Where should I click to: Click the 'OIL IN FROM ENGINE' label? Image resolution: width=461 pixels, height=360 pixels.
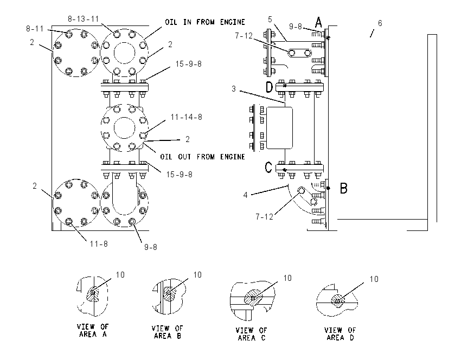[x=204, y=22]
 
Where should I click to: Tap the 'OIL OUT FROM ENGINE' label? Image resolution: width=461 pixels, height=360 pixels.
[x=202, y=157]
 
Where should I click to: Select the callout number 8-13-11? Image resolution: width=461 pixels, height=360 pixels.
[x=83, y=19]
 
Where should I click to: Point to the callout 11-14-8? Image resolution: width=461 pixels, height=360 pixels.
[x=187, y=117]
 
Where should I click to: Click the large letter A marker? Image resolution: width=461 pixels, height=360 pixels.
[x=318, y=22]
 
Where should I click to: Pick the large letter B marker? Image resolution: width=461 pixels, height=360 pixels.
[x=344, y=188]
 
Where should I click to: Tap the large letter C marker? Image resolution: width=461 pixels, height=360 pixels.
[x=268, y=168]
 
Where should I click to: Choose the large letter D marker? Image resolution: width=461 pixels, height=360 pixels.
[x=270, y=87]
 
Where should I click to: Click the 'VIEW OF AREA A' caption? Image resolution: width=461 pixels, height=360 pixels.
[x=93, y=330]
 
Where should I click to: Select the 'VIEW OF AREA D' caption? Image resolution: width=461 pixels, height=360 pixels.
[x=340, y=334]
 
